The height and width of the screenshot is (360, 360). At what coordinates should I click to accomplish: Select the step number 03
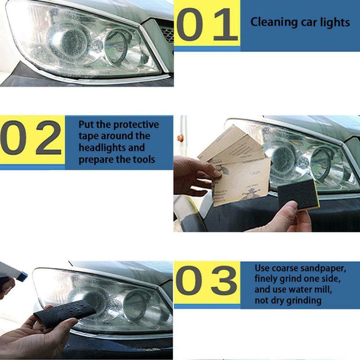(207, 281)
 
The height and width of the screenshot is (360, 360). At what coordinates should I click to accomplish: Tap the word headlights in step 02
(112, 148)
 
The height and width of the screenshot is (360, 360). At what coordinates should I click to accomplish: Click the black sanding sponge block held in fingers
(298, 194)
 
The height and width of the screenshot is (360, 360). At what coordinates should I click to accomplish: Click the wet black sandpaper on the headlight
(66, 313)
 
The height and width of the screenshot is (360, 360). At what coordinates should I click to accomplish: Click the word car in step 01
(303, 22)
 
